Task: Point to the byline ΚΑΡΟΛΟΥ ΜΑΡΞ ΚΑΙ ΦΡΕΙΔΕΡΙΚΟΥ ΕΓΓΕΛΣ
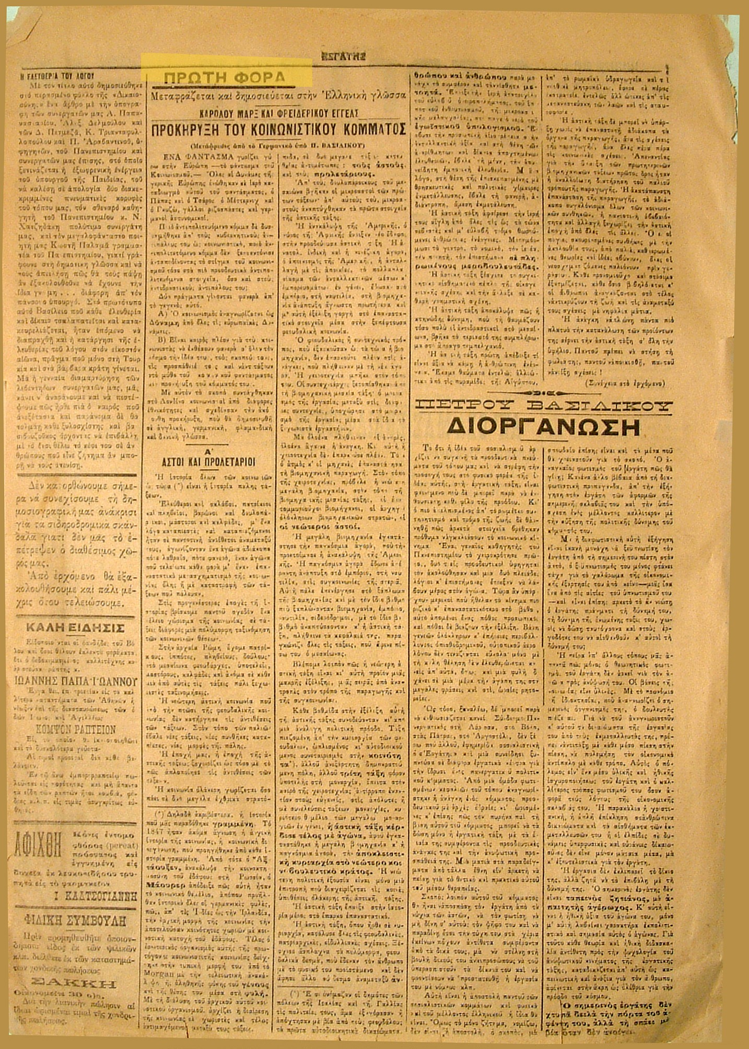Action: (278, 113)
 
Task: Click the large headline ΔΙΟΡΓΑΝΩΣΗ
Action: (543, 427)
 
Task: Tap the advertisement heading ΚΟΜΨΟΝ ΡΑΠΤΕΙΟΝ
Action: (79, 729)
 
